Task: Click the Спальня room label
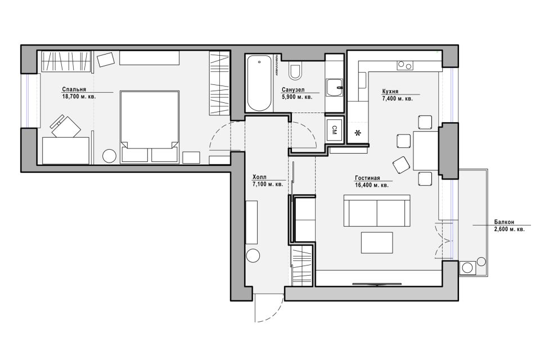click(x=74, y=89)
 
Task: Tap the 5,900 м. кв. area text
click(x=297, y=97)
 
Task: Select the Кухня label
click(x=390, y=92)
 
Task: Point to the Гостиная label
click(x=367, y=178)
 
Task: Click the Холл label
click(x=259, y=178)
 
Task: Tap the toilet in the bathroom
click(x=295, y=71)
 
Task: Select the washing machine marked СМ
click(x=334, y=130)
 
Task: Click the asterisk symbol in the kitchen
click(x=358, y=133)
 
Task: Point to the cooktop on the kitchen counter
click(x=405, y=65)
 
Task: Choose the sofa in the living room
click(x=377, y=210)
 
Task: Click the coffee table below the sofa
click(x=377, y=242)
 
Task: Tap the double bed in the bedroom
click(x=150, y=127)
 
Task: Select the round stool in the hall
click(x=253, y=256)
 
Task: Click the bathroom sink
click(x=334, y=88)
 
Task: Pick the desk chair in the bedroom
click(x=65, y=127)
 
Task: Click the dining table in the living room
click(x=426, y=151)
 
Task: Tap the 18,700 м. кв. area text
click(x=79, y=97)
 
